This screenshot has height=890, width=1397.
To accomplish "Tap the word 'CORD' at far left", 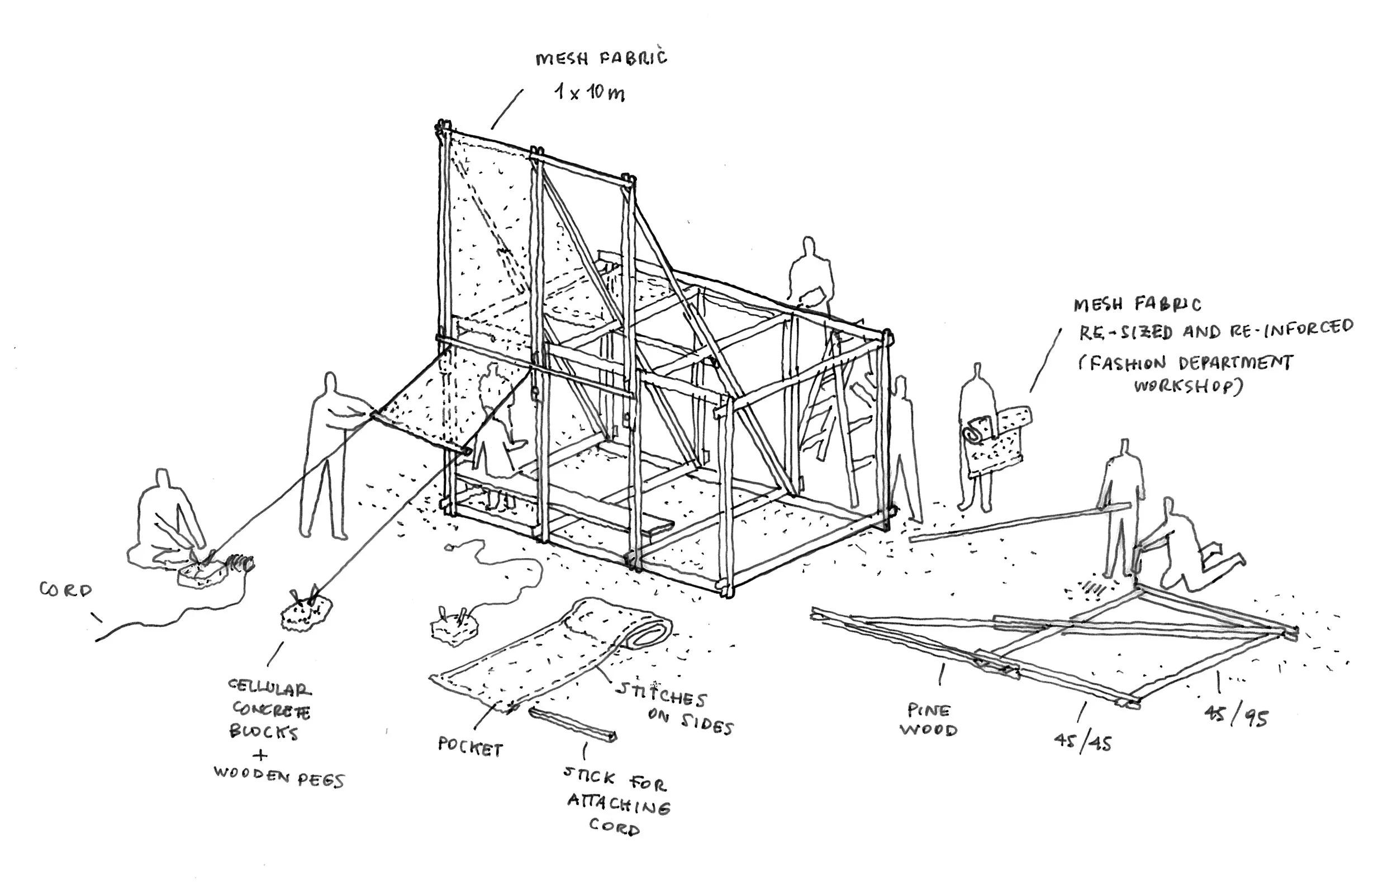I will click(x=65, y=590).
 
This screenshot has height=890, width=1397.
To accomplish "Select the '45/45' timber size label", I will click(x=1082, y=742).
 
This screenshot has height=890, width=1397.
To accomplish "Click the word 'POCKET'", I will click(x=470, y=748).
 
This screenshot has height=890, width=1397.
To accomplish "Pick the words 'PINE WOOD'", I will click(x=928, y=720).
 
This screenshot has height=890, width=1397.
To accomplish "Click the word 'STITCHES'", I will click(x=661, y=694).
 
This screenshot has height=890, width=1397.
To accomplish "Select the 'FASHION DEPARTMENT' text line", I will click(x=1186, y=363).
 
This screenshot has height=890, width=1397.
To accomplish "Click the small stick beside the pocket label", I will click(x=572, y=724).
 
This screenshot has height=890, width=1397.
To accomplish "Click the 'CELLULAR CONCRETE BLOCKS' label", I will click(x=270, y=710).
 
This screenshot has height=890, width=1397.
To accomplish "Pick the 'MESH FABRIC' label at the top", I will click(x=601, y=58).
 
